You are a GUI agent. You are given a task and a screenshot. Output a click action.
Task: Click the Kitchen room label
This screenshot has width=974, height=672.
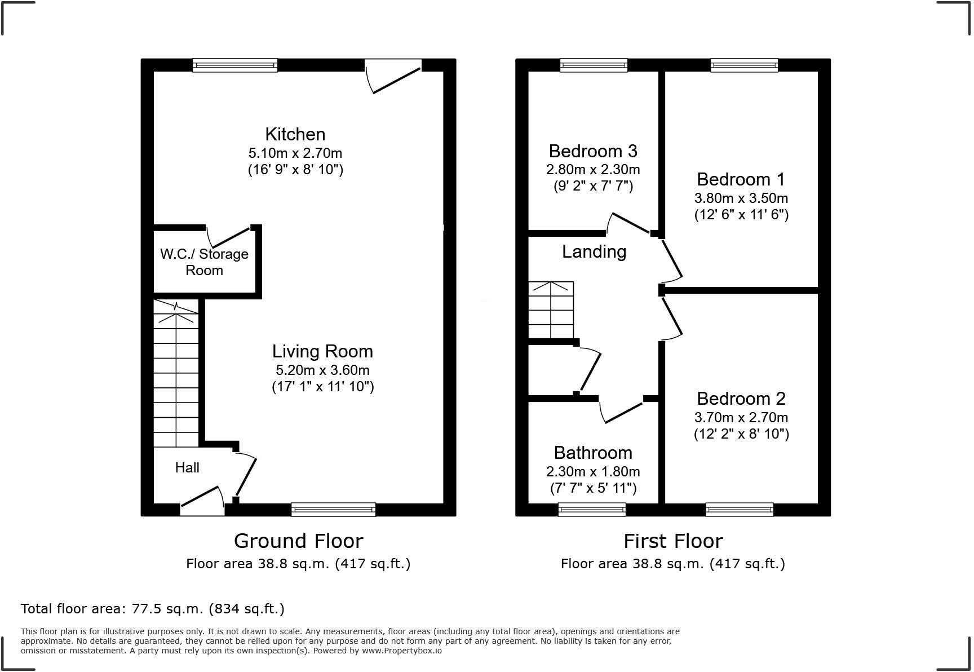click(295, 134)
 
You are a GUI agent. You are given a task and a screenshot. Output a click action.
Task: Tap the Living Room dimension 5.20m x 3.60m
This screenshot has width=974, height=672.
click(322, 370)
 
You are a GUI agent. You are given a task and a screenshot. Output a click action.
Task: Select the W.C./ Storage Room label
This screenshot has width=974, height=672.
click(204, 262)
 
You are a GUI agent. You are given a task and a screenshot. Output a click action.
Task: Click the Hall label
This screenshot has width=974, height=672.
click(187, 467)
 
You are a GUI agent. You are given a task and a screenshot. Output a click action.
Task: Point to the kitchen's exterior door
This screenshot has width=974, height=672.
click(393, 76)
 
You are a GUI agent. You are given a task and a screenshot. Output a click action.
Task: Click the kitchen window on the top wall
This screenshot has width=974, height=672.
click(235, 65)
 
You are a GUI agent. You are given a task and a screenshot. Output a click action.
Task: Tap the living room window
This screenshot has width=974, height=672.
click(333, 510)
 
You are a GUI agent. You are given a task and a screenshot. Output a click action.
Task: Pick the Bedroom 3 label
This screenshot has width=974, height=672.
click(593, 151)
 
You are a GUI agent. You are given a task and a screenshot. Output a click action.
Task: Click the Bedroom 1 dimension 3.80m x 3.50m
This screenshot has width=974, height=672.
click(741, 198)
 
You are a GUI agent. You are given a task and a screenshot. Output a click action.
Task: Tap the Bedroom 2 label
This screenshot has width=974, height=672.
click(741, 399)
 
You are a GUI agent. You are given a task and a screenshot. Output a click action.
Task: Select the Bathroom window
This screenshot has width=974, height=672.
click(592, 510)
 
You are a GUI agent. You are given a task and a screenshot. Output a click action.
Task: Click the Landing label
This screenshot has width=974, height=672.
click(594, 251)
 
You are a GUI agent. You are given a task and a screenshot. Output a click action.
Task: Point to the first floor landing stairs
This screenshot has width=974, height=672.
click(551, 310)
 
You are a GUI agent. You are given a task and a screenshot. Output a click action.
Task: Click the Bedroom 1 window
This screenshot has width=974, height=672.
click(744, 65)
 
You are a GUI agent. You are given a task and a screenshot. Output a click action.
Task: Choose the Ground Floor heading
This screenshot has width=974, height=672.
click(298, 541)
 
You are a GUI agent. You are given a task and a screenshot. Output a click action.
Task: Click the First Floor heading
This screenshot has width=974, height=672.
click(672, 541)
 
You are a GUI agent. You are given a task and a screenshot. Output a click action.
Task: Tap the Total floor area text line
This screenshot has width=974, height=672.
click(152, 609)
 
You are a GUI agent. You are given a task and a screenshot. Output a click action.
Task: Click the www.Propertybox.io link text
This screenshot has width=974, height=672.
click(401, 651)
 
